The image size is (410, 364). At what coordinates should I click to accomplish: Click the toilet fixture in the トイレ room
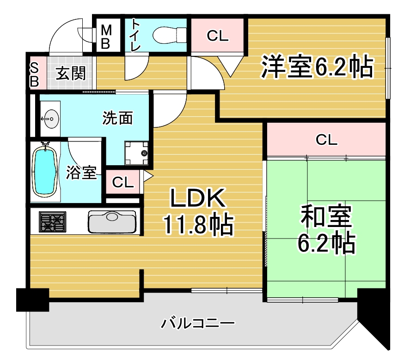click(x=170, y=35)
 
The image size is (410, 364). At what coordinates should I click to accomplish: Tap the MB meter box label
click(x=106, y=36)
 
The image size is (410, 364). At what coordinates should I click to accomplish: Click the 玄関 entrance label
click(x=71, y=73)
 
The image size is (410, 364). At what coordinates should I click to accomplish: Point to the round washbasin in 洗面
click(x=50, y=119)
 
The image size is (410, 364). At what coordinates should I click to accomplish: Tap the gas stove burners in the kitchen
click(x=52, y=221)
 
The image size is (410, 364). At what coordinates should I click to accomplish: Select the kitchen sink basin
click(x=112, y=221)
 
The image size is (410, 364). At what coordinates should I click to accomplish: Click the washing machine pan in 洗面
click(x=136, y=153)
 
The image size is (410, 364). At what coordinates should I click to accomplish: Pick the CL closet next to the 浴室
click(x=122, y=182)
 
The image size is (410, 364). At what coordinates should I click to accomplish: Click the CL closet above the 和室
click(x=326, y=140)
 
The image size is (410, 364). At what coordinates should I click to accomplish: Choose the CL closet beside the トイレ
click(x=218, y=35)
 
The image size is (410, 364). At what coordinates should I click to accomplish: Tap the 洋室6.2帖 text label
click(x=317, y=66)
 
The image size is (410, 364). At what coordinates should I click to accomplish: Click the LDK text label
click(x=198, y=198)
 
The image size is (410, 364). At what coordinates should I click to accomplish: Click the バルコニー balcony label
click(x=197, y=323)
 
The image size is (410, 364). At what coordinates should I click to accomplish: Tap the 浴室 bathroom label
click(x=81, y=173)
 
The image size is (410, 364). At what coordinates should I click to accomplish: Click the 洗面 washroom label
click(x=117, y=118)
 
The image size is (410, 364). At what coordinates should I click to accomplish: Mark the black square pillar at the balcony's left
click(x=33, y=300)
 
